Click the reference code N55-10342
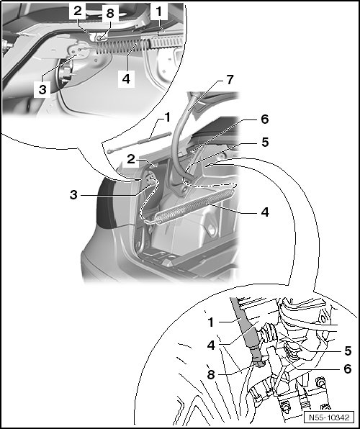pyautogui.click(x=329, y=417)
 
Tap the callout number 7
pyautogui.click(x=230, y=80)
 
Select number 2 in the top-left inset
pyautogui.click(x=78, y=11)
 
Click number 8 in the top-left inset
pyautogui.click(x=110, y=13)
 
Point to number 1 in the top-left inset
pyautogui.click(x=158, y=12)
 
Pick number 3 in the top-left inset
pyautogui.click(x=42, y=89)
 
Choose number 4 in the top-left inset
pyautogui.click(x=126, y=79)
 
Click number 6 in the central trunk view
pyautogui.click(x=264, y=119)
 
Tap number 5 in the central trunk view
pyautogui.click(x=265, y=143)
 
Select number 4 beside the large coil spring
pyautogui.click(x=265, y=212)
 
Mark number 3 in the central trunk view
pyautogui.click(x=73, y=195)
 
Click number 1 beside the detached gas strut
pyautogui.click(x=167, y=117)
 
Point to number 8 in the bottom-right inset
pyautogui.click(x=211, y=375)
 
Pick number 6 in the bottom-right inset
pyautogui.click(x=348, y=369)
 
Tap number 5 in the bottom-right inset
pyautogui.click(x=348, y=351)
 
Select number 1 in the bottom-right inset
pyautogui.click(x=210, y=322)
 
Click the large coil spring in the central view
pyautogui.click(x=194, y=207)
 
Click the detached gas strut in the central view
pyautogui.click(x=139, y=142)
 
